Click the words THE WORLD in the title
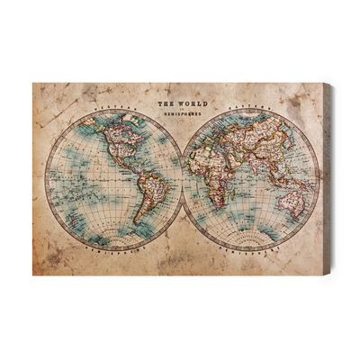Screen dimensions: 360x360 (178, 103)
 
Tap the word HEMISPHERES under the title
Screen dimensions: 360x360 (178, 118)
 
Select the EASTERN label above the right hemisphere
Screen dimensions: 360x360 (251, 116)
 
